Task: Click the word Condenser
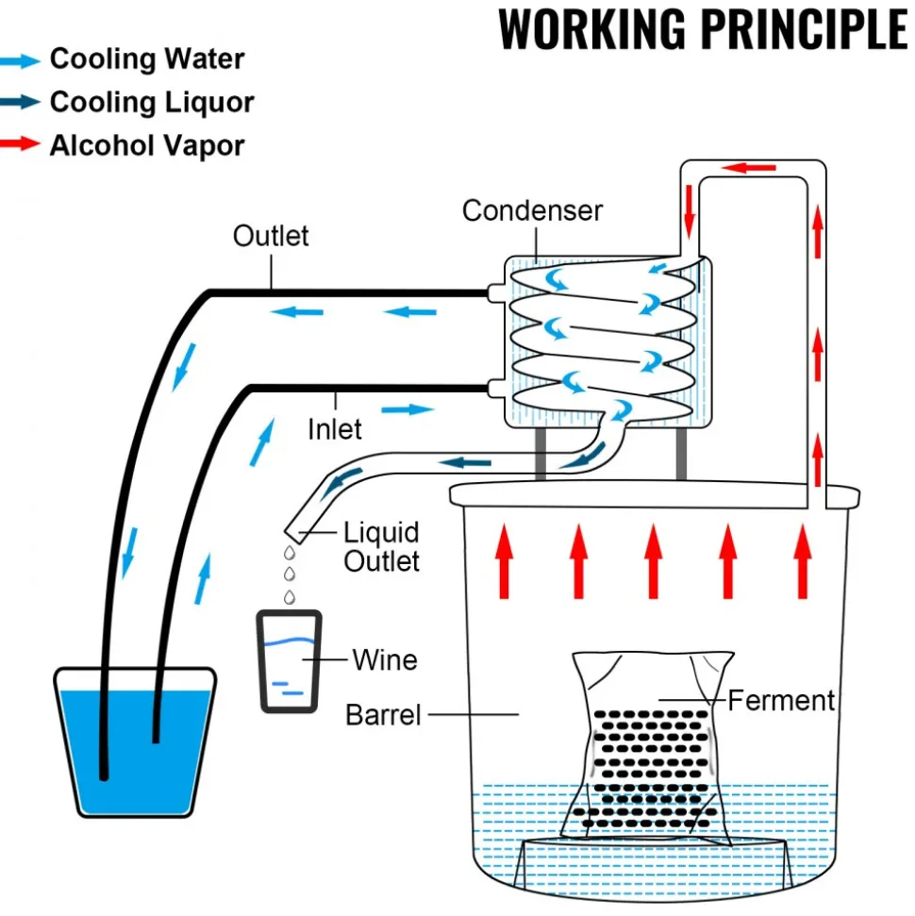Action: tap(532, 211)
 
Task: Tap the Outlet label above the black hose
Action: tap(271, 236)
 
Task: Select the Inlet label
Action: tap(334, 429)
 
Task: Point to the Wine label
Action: tap(385, 660)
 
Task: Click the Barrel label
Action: tap(383, 715)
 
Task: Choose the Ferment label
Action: tap(781, 700)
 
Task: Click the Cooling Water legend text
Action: tap(147, 59)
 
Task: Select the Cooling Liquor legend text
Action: tap(152, 102)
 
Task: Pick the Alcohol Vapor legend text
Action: tap(146, 145)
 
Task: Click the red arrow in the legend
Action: tap(20, 143)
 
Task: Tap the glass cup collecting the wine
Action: tap(290, 662)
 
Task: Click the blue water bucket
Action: tap(135, 741)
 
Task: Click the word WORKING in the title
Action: tap(591, 29)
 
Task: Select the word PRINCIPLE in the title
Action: tap(804, 29)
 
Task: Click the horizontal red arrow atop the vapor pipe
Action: tap(748, 168)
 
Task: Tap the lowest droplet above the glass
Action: tap(290, 597)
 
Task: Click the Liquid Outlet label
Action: tap(381, 547)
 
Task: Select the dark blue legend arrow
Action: tap(20, 101)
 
